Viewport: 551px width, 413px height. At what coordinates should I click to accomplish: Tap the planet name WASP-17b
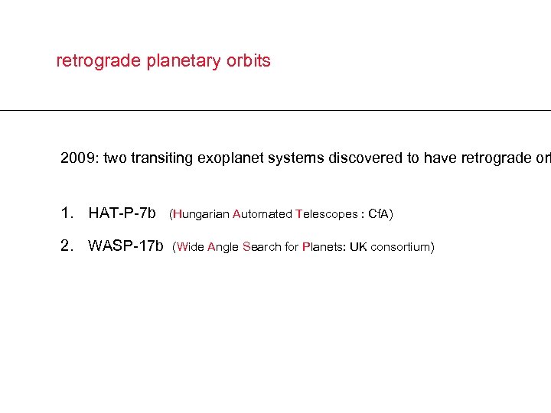tap(126, 246)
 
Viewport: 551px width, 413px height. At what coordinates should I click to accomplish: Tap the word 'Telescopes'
tap(327, 214)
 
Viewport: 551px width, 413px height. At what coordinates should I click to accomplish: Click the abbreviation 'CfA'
tap(378, 214)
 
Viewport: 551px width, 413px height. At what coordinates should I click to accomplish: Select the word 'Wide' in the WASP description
tap(191, 247)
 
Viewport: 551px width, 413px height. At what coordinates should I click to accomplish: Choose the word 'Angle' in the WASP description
tap(223, 247)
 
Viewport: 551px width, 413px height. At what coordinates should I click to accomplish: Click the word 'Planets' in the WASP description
tap(324, 247)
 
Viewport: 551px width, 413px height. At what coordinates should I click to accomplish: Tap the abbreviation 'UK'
tap(358, 247)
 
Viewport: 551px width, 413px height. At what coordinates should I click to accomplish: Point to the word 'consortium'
tap(400, 247)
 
